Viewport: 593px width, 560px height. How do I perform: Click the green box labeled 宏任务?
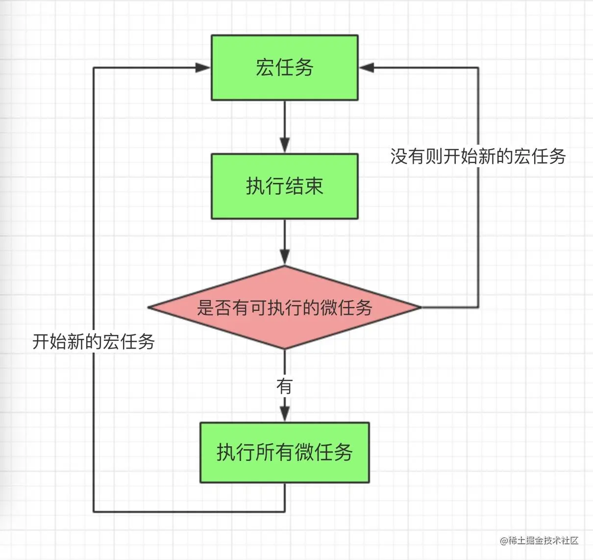coord(284,68)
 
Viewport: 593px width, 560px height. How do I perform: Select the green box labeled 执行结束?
coord(284,186)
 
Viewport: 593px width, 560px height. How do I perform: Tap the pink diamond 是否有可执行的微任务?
coord(284,308)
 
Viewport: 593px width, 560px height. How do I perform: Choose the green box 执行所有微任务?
coord(284,452)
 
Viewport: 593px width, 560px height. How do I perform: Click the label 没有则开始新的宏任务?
coord(478,156)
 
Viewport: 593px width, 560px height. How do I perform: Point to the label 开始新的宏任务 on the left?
coord(94,341)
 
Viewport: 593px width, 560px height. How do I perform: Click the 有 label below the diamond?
coord(284,386)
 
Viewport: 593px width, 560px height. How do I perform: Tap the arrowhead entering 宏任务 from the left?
coord(203,68)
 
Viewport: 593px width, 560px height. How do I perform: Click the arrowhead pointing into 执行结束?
coord(285,145)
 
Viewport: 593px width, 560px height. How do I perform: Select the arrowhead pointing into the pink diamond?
coord(285,256)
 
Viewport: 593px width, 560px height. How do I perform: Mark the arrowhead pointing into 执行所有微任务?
coord(285,413)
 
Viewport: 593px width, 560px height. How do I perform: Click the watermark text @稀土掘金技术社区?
coord(539,540)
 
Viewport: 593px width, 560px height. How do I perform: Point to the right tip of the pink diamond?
coord(420,307)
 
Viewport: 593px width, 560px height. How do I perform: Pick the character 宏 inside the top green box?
coord(265,68)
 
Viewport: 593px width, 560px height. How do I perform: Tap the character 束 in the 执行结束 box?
coord(314,186)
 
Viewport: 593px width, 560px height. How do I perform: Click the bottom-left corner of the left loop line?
coord(94,512)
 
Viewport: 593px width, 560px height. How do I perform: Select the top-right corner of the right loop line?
coord(478,68)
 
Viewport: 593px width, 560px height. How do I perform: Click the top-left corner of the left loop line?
coord(94,68)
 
